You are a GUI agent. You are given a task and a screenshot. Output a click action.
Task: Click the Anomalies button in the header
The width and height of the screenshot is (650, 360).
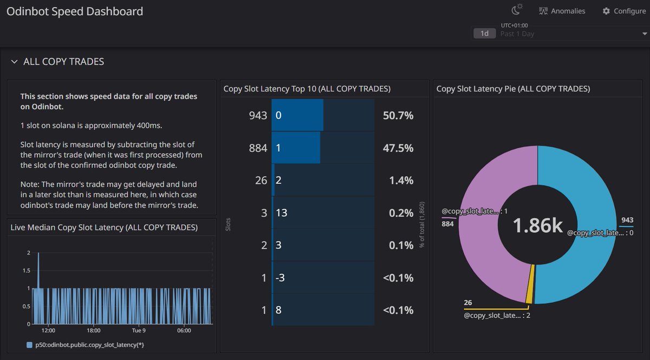pos(562,11)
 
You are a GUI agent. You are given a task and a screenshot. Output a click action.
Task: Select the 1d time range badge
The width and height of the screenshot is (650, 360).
pos(484,34)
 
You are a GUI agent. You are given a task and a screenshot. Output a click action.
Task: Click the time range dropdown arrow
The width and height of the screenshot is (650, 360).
pos(643,34)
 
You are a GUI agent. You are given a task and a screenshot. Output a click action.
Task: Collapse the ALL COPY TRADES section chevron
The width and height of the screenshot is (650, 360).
pos(14,62)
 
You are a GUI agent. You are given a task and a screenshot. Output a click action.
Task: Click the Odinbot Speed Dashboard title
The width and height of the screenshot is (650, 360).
pos(75,11)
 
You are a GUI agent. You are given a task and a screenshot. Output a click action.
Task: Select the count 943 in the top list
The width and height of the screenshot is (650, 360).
pos(258,115)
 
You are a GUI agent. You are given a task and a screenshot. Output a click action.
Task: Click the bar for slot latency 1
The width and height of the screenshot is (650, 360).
pos(296,148)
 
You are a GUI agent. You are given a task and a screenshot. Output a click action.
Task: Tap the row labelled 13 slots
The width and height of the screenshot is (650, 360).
pos(282,213)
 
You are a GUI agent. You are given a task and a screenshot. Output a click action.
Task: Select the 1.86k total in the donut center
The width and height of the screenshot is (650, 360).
pos(537,226)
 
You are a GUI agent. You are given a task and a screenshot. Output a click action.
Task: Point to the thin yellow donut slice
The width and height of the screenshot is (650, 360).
pos(530,284)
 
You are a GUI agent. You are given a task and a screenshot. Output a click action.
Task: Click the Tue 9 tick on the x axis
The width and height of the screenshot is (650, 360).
pos(138,330)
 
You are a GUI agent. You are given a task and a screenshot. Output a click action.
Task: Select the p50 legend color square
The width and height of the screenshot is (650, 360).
pos(29,345)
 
